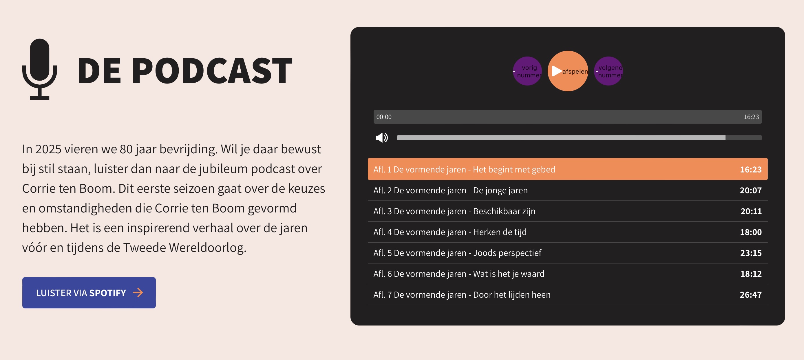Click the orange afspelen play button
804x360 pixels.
568,71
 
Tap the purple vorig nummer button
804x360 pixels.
527,71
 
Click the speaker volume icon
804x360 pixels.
382,138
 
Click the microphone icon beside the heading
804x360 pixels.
40,69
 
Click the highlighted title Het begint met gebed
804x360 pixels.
514,170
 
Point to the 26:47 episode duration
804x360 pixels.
751,295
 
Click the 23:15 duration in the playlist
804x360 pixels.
751,253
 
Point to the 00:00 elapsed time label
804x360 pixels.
384,117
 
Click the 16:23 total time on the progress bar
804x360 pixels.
751,117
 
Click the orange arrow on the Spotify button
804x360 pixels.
138,292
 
